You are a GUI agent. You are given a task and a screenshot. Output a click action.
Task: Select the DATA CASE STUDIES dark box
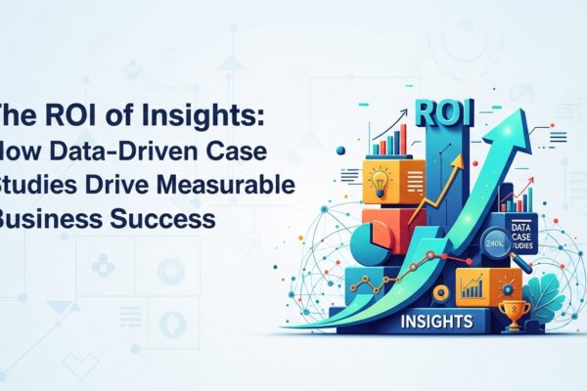click(513, 234)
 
